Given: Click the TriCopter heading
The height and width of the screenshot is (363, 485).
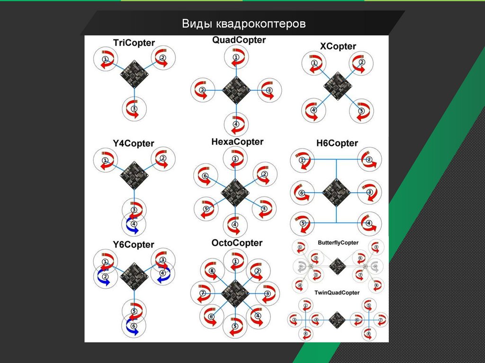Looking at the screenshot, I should click(134, 43).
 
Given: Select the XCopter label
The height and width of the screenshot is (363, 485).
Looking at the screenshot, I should click(338, 46).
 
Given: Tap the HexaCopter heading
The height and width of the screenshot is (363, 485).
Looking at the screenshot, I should click(237, 142).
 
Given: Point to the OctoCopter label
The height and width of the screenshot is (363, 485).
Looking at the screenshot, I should click(237, 243).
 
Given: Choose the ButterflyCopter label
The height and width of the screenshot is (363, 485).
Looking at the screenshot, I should click(338, 243).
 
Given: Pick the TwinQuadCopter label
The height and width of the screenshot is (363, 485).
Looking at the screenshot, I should click(337, 293).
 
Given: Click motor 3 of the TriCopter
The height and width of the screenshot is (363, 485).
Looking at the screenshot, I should click(135, 109).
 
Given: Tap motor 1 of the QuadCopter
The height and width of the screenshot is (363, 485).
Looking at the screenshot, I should click(236, 57).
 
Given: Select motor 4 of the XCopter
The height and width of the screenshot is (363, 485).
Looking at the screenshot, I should click(314, 111).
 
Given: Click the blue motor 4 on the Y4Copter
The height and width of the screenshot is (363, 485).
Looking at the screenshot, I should click(134, 224).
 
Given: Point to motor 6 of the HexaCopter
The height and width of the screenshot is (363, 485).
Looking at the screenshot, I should click(205, 176).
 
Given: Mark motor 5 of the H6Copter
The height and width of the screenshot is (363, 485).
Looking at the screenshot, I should click(302, 223).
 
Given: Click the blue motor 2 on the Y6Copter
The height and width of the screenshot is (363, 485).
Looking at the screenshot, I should click(106, 276).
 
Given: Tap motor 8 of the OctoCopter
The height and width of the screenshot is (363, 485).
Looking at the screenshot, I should click(212, 271).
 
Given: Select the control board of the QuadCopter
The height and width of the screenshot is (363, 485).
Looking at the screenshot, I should click(235, 89).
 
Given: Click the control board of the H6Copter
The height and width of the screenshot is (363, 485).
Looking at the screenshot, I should click(336, 192).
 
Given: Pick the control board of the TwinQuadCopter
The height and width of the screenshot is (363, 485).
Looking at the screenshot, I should click(337, 320).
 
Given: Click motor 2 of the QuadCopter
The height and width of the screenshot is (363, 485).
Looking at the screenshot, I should click(202, 90).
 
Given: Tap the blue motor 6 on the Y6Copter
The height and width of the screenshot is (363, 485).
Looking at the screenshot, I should click(134, 326).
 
